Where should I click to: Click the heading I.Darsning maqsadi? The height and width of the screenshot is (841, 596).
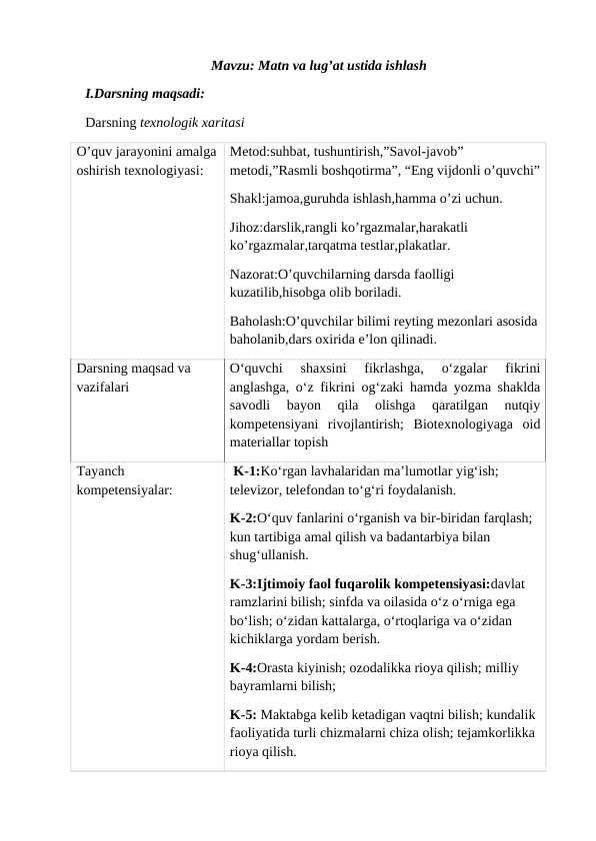point(146,95)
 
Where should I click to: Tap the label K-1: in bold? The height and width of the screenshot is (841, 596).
point(246,470)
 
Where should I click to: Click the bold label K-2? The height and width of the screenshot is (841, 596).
point(241,518)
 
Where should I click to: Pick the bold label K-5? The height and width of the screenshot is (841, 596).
point(241,715)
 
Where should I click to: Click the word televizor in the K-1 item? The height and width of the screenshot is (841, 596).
point(255,490)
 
